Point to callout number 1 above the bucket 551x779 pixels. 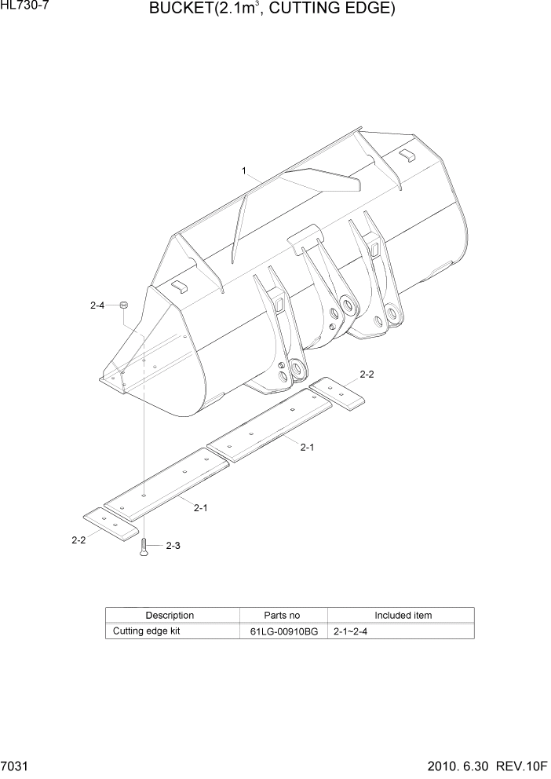click(x=245, y=170)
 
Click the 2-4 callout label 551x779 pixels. click(x=97, y=305)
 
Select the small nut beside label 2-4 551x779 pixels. click(x=124, y=305)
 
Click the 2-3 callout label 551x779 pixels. click(x=173, y=546)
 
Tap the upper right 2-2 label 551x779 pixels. click(x=367, y=375)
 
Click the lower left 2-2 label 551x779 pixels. click(x=78, y=540)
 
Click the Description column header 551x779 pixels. click(x=170, y=616)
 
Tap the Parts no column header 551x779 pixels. click(x=282, y=616)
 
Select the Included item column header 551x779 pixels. click(x=403, y=616)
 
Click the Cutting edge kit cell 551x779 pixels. click(x=147, y=631)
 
